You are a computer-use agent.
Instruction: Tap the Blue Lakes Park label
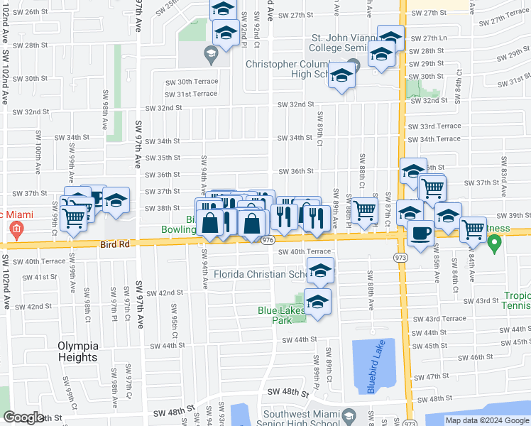280,315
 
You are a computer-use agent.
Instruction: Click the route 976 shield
267,241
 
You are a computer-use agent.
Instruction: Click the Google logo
24,417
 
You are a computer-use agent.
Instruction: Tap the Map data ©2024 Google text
488,420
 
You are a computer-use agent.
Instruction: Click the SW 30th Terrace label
191,82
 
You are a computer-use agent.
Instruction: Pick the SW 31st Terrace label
191,94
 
